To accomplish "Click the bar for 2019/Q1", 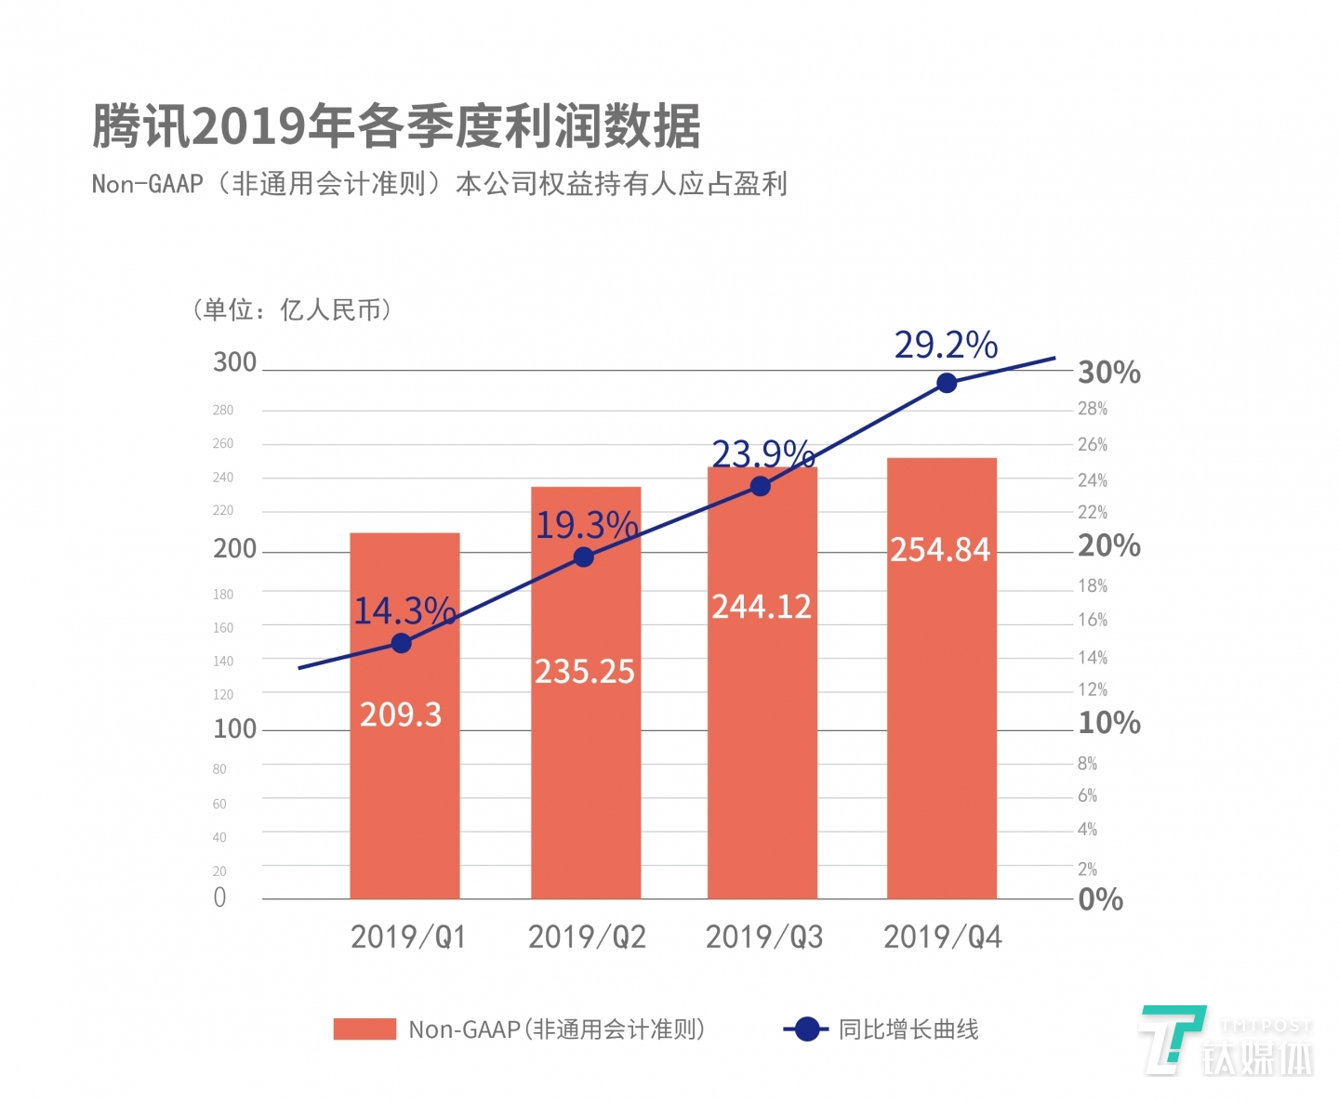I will (x=404, y=790).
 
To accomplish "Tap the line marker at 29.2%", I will (x=947, y=383).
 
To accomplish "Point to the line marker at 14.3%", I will (x=401, y=643).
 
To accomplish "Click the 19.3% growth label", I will (x=586, y=526).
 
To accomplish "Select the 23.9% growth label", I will (x=762, y=453).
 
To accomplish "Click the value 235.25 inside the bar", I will (x=584, y=671).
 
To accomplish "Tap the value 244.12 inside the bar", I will (x=762, y=607).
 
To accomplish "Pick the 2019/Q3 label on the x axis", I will (x=764, y=937).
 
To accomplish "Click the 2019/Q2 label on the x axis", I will (x=587, y=937).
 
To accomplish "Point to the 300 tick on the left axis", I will (x=234, y=362).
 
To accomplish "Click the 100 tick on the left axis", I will (x=234, y=728).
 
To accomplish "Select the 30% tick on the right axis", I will (x=1108, y=373).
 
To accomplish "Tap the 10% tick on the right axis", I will (x=1108, y=723).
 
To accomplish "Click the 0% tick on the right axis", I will (x=1100, y=899).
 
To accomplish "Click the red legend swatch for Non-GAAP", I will (x=365, y=1029).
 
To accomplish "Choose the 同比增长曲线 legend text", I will (x=908, y=1029).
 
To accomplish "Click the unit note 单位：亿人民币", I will (x=292, y=309).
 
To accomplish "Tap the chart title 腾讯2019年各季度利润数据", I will (x=396, y=126).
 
